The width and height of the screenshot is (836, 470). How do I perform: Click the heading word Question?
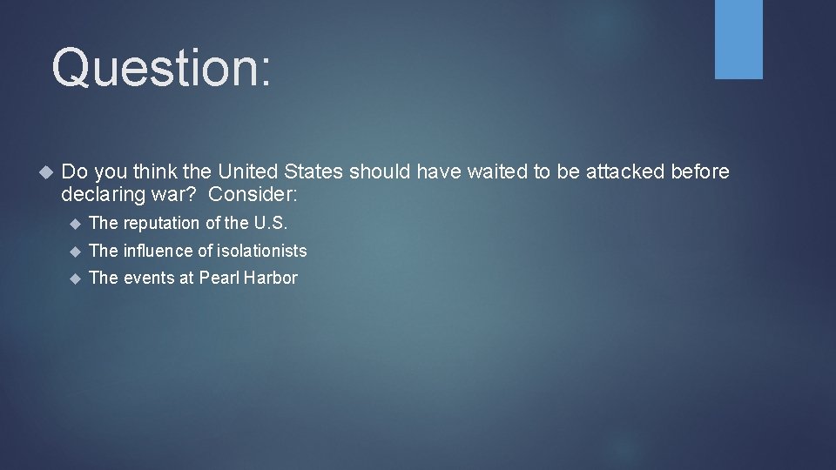[161, 68]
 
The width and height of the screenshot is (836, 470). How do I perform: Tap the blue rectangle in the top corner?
[738, 39]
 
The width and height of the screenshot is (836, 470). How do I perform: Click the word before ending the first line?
[700, 171]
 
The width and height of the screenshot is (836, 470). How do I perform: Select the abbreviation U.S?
[270, 223]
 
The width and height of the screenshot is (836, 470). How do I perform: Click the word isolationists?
[260, 251]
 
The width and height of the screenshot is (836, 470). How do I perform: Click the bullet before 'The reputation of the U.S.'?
[74, 224]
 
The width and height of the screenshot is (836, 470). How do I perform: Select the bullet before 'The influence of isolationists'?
[74, 252]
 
